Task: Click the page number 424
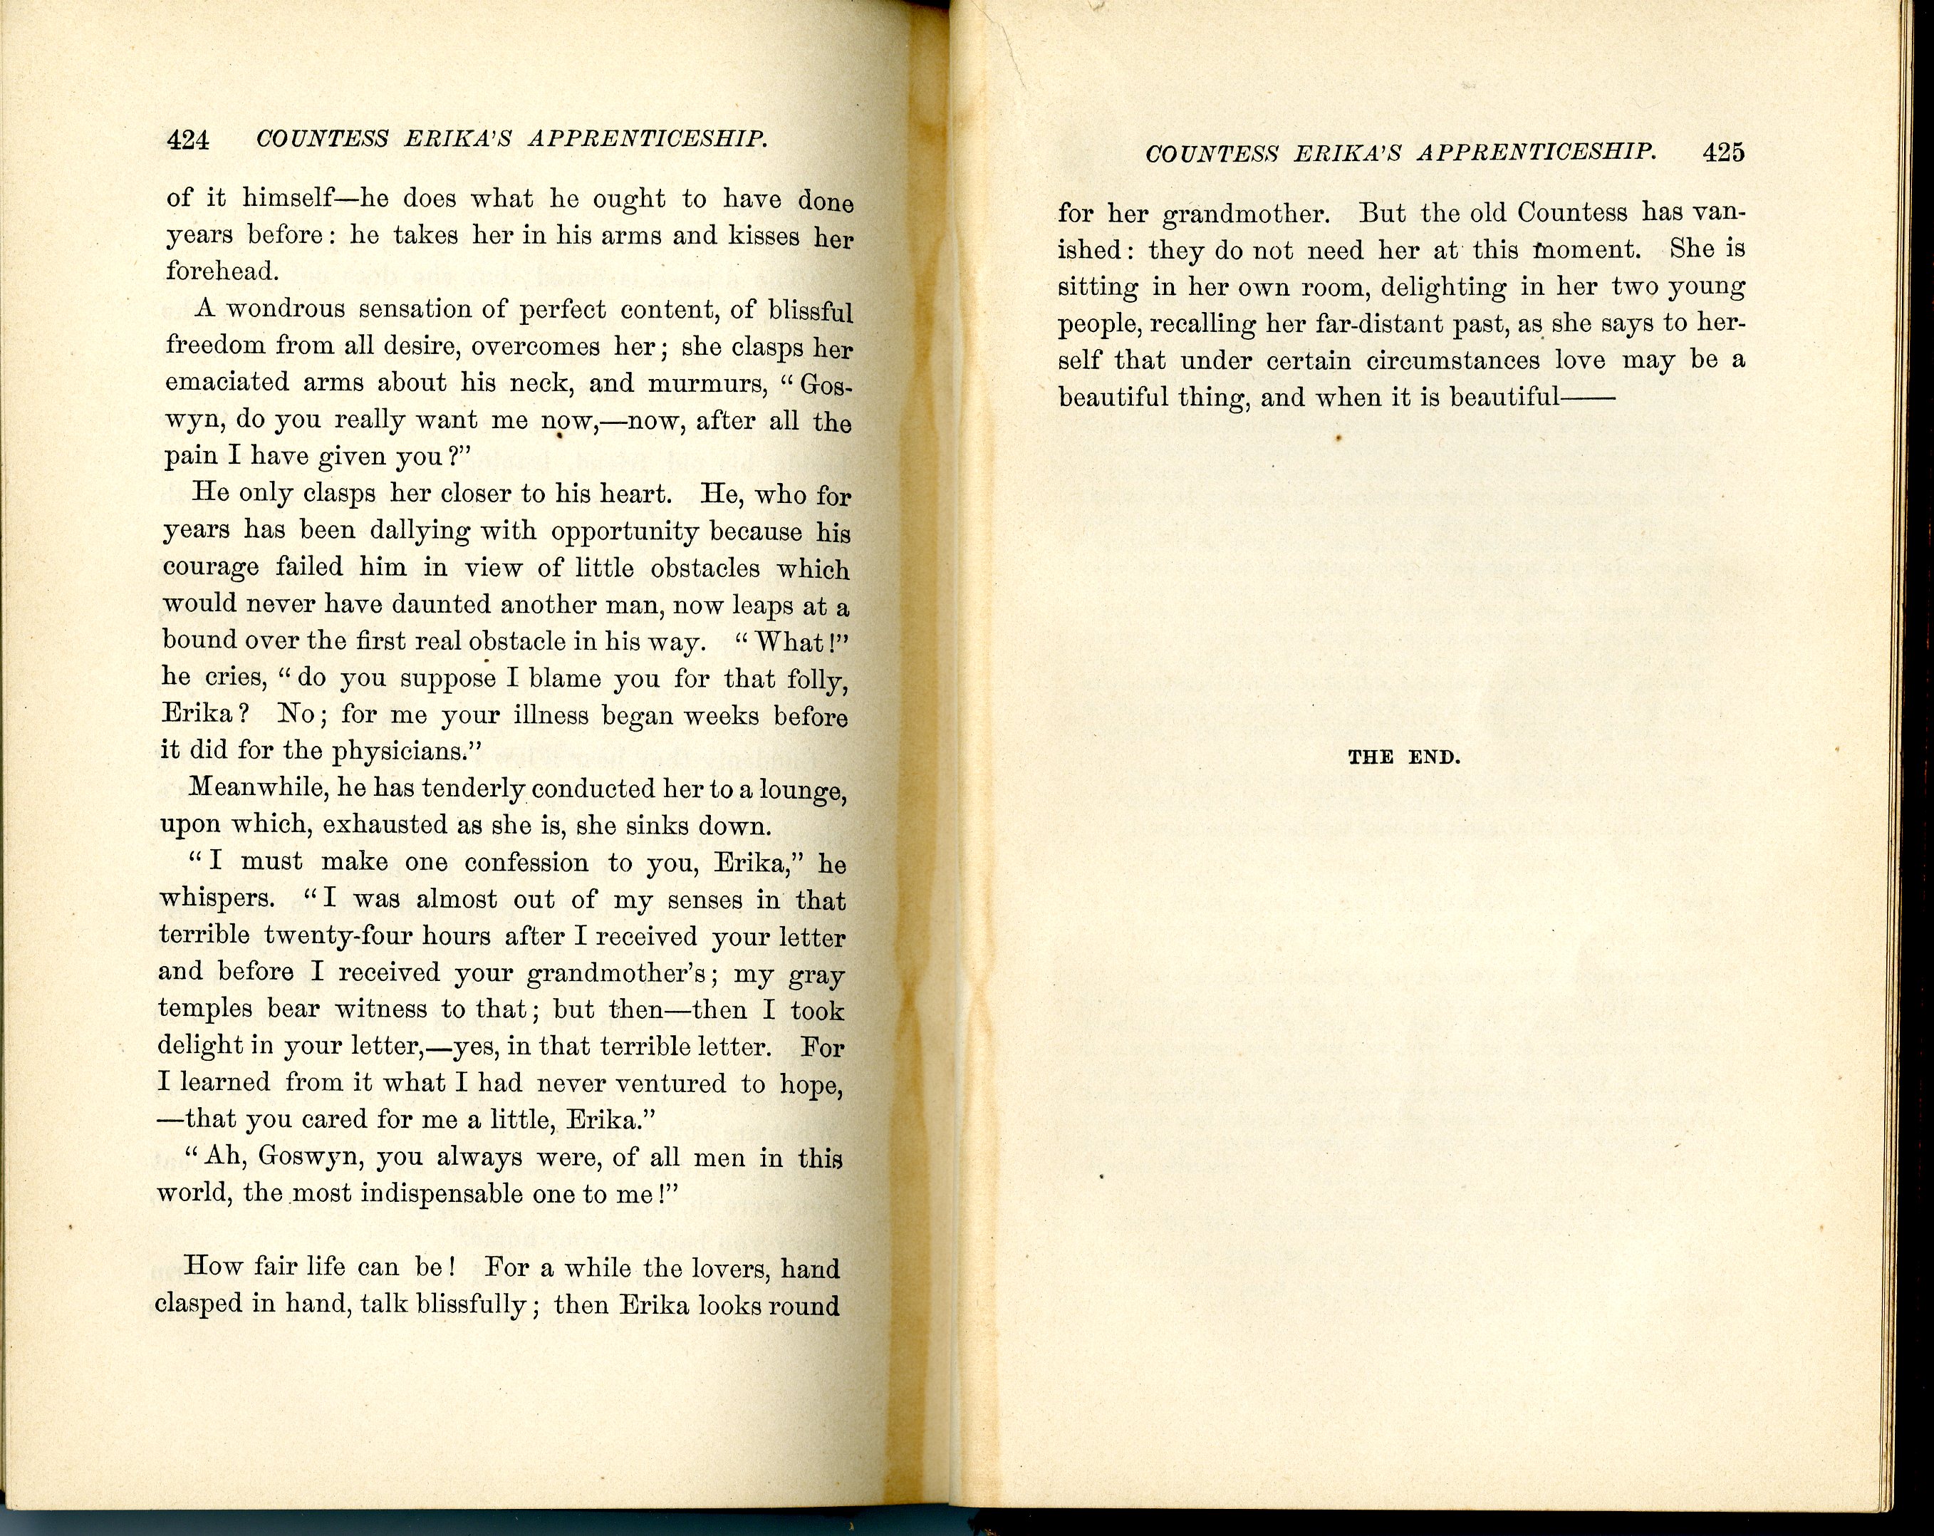click(188, 141)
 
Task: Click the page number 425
click(1723, 152)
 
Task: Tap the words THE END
click(1405, 757)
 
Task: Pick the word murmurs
click(692, 384)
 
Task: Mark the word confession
click(526, 862)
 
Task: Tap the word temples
click(204, 1010)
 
